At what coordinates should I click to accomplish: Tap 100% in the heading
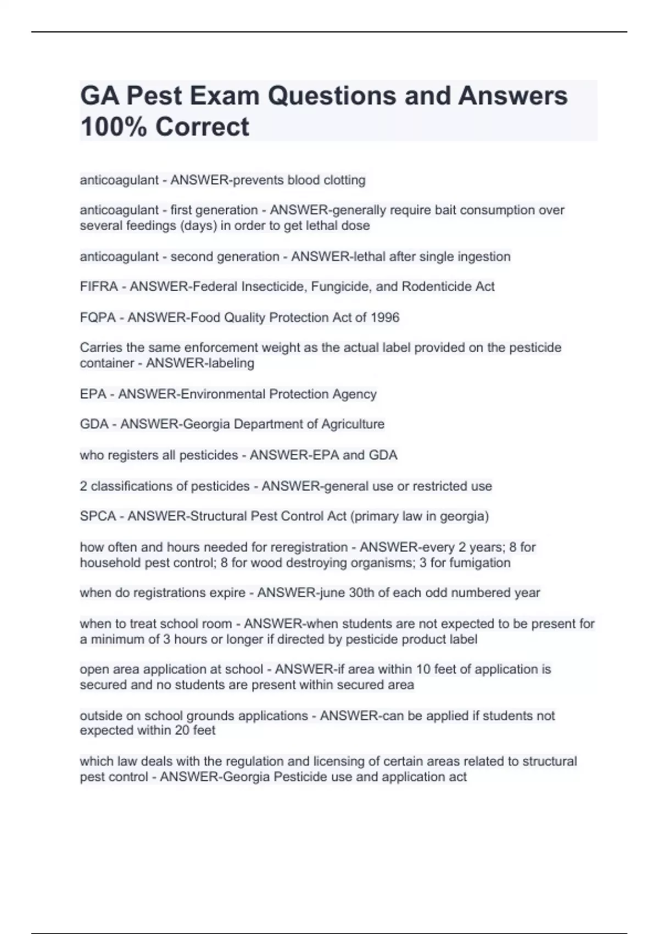113,127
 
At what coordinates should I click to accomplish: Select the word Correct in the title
202,127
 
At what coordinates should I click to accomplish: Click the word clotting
344,180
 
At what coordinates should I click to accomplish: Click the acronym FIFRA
99,287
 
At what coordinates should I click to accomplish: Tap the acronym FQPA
98,318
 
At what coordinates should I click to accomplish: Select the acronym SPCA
98,516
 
